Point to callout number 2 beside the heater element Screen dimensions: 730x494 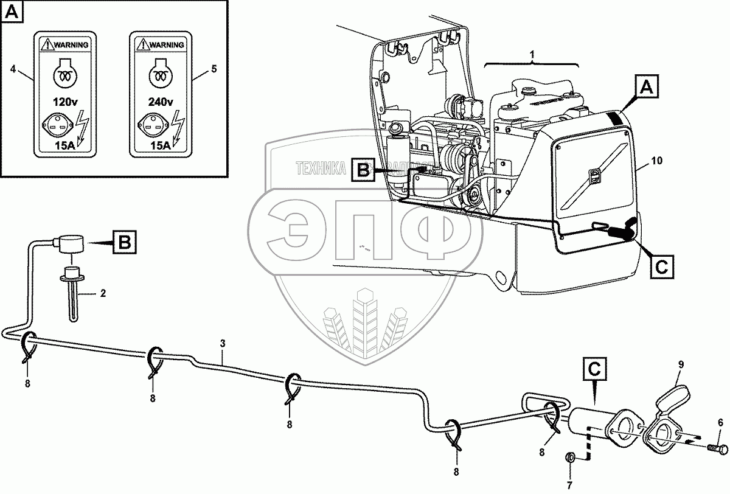(x=103, y=294)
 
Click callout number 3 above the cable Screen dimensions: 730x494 (x=223, y=344)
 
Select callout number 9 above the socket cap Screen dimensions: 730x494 (x=681, y=364)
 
